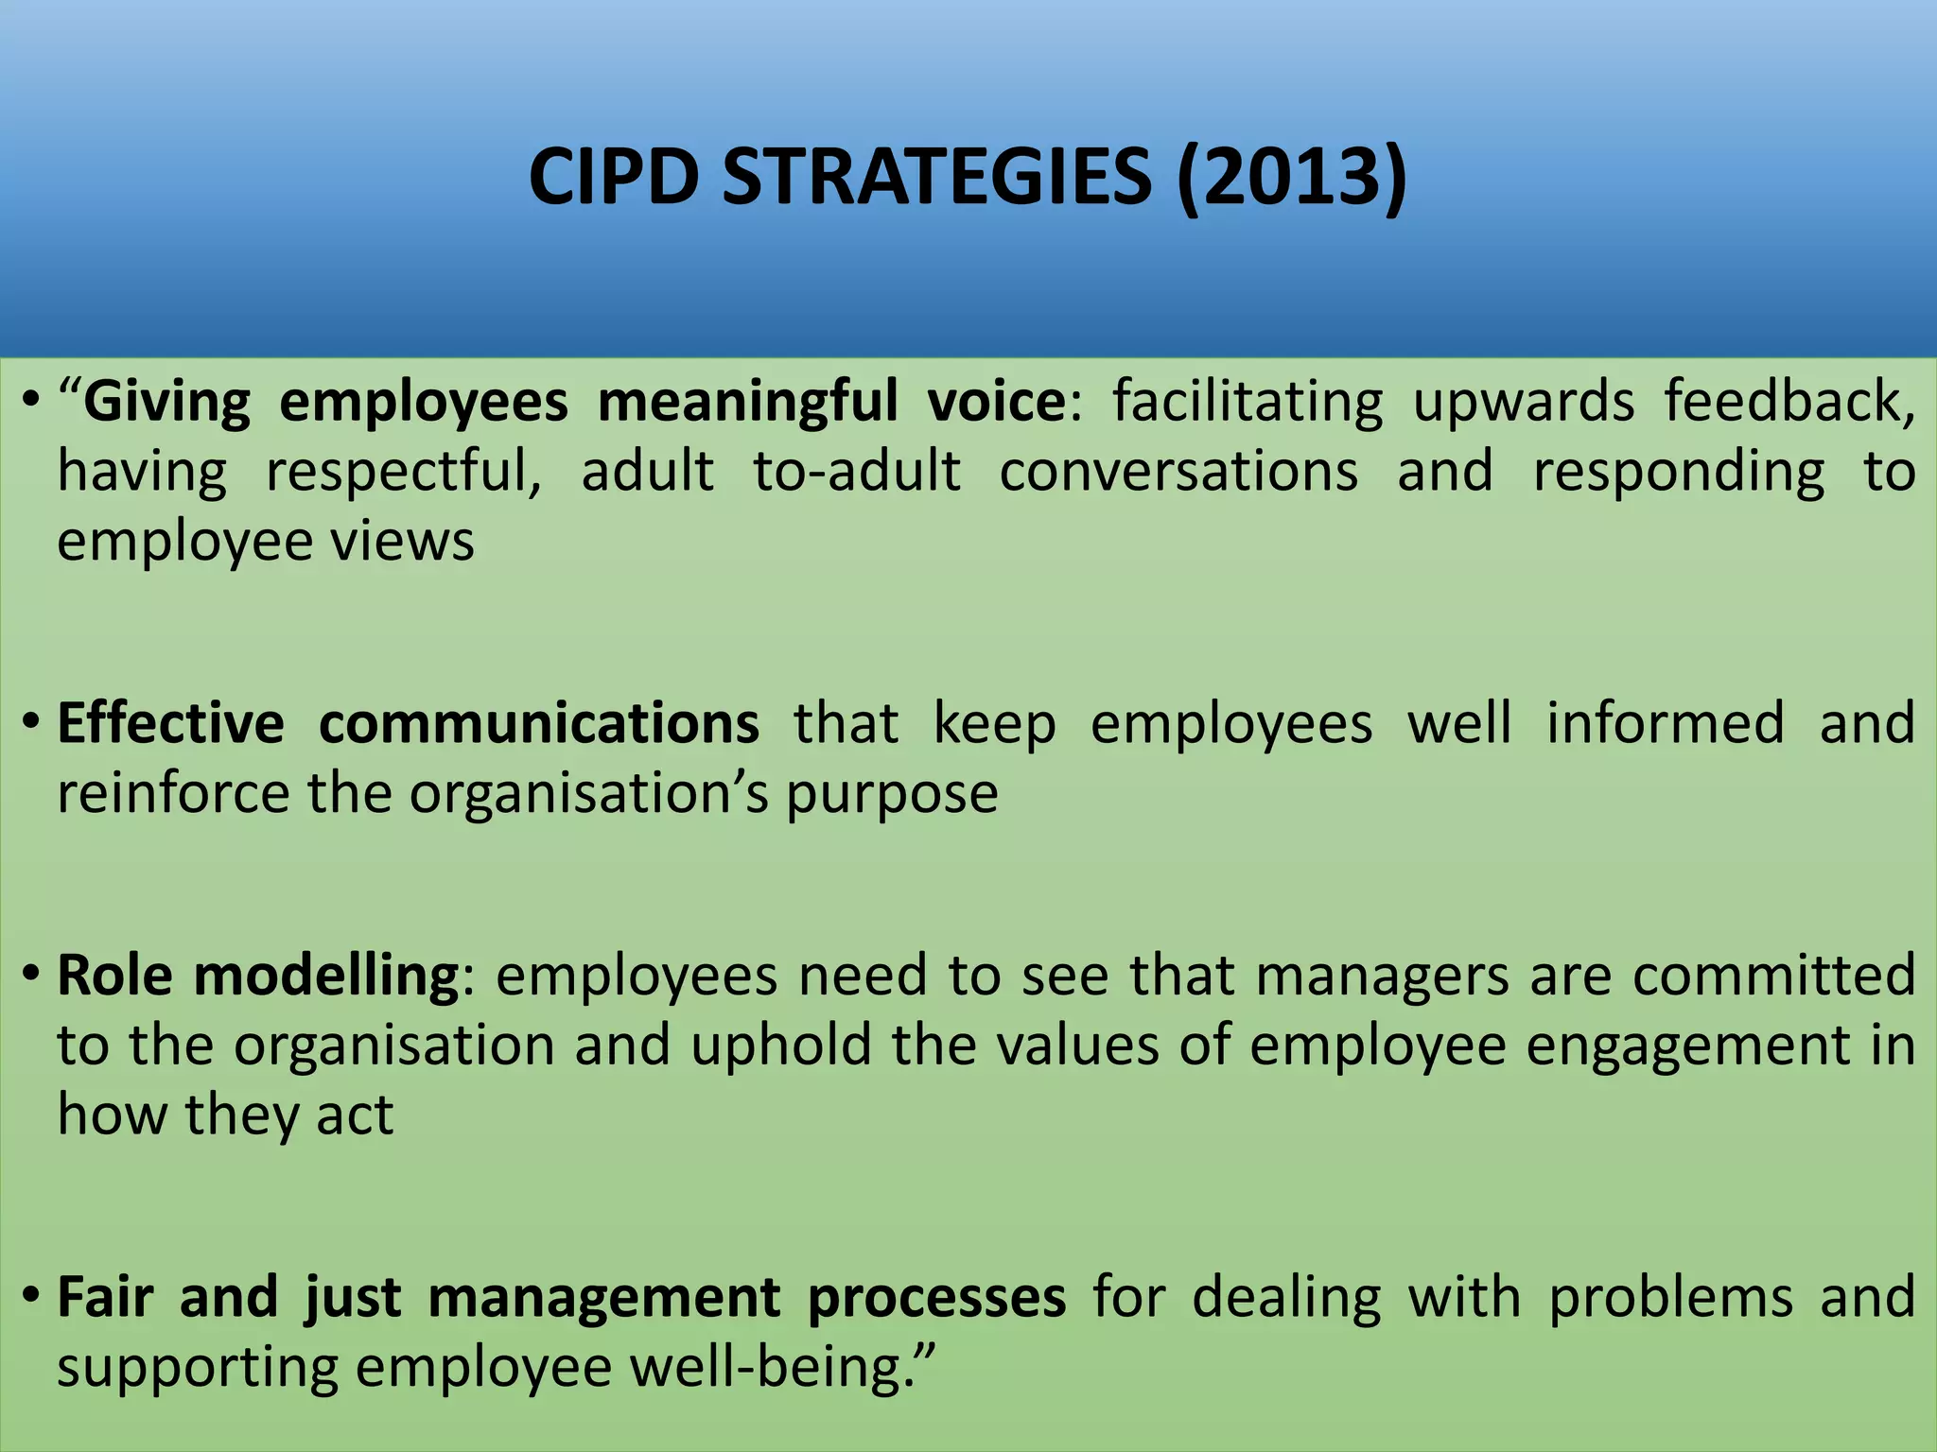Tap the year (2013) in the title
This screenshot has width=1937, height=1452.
click(x=1292, y=178)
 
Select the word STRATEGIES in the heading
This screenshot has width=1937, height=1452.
click(x=937, y=178)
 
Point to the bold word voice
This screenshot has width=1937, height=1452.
click(x=997, y=402)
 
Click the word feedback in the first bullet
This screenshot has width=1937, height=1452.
click(x=1789, y=402)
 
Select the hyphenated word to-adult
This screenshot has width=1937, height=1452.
click(x=857, y=472)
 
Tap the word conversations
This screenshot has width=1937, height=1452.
click(x=1178, y=472)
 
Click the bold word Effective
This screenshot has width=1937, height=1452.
click(x=170, y=723)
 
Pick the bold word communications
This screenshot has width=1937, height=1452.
click(x=539, y=723)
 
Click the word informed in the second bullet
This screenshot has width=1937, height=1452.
click(x=1666, y=723)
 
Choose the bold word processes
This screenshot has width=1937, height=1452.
click(x=936, y=1298)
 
